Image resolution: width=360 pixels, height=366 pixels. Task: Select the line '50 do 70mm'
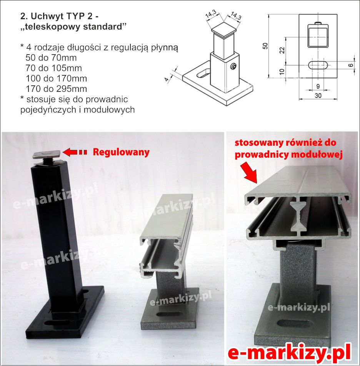point(51,58)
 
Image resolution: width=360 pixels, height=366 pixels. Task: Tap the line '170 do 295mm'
point(56,89)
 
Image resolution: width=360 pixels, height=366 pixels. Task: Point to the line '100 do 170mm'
point(56,78)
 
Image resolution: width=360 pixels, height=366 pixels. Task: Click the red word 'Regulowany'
point(121,152)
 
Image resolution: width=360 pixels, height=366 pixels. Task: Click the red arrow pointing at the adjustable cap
point(75,152)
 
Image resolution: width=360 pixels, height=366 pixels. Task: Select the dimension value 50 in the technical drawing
point(265,46)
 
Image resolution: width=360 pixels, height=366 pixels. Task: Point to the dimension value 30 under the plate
point(318,95)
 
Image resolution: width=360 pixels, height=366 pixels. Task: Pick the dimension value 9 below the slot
point(318,87)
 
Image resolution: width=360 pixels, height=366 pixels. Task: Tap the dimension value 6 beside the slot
point(351,65)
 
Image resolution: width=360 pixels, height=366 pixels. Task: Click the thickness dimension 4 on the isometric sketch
point(167,79)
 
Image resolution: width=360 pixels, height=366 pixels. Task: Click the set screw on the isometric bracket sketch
point(233,67)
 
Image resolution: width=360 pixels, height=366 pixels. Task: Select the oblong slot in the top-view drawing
point(318,65)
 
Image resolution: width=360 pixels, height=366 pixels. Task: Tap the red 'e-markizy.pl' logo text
point(289,354)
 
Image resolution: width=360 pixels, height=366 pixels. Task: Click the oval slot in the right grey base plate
point(295,325)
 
